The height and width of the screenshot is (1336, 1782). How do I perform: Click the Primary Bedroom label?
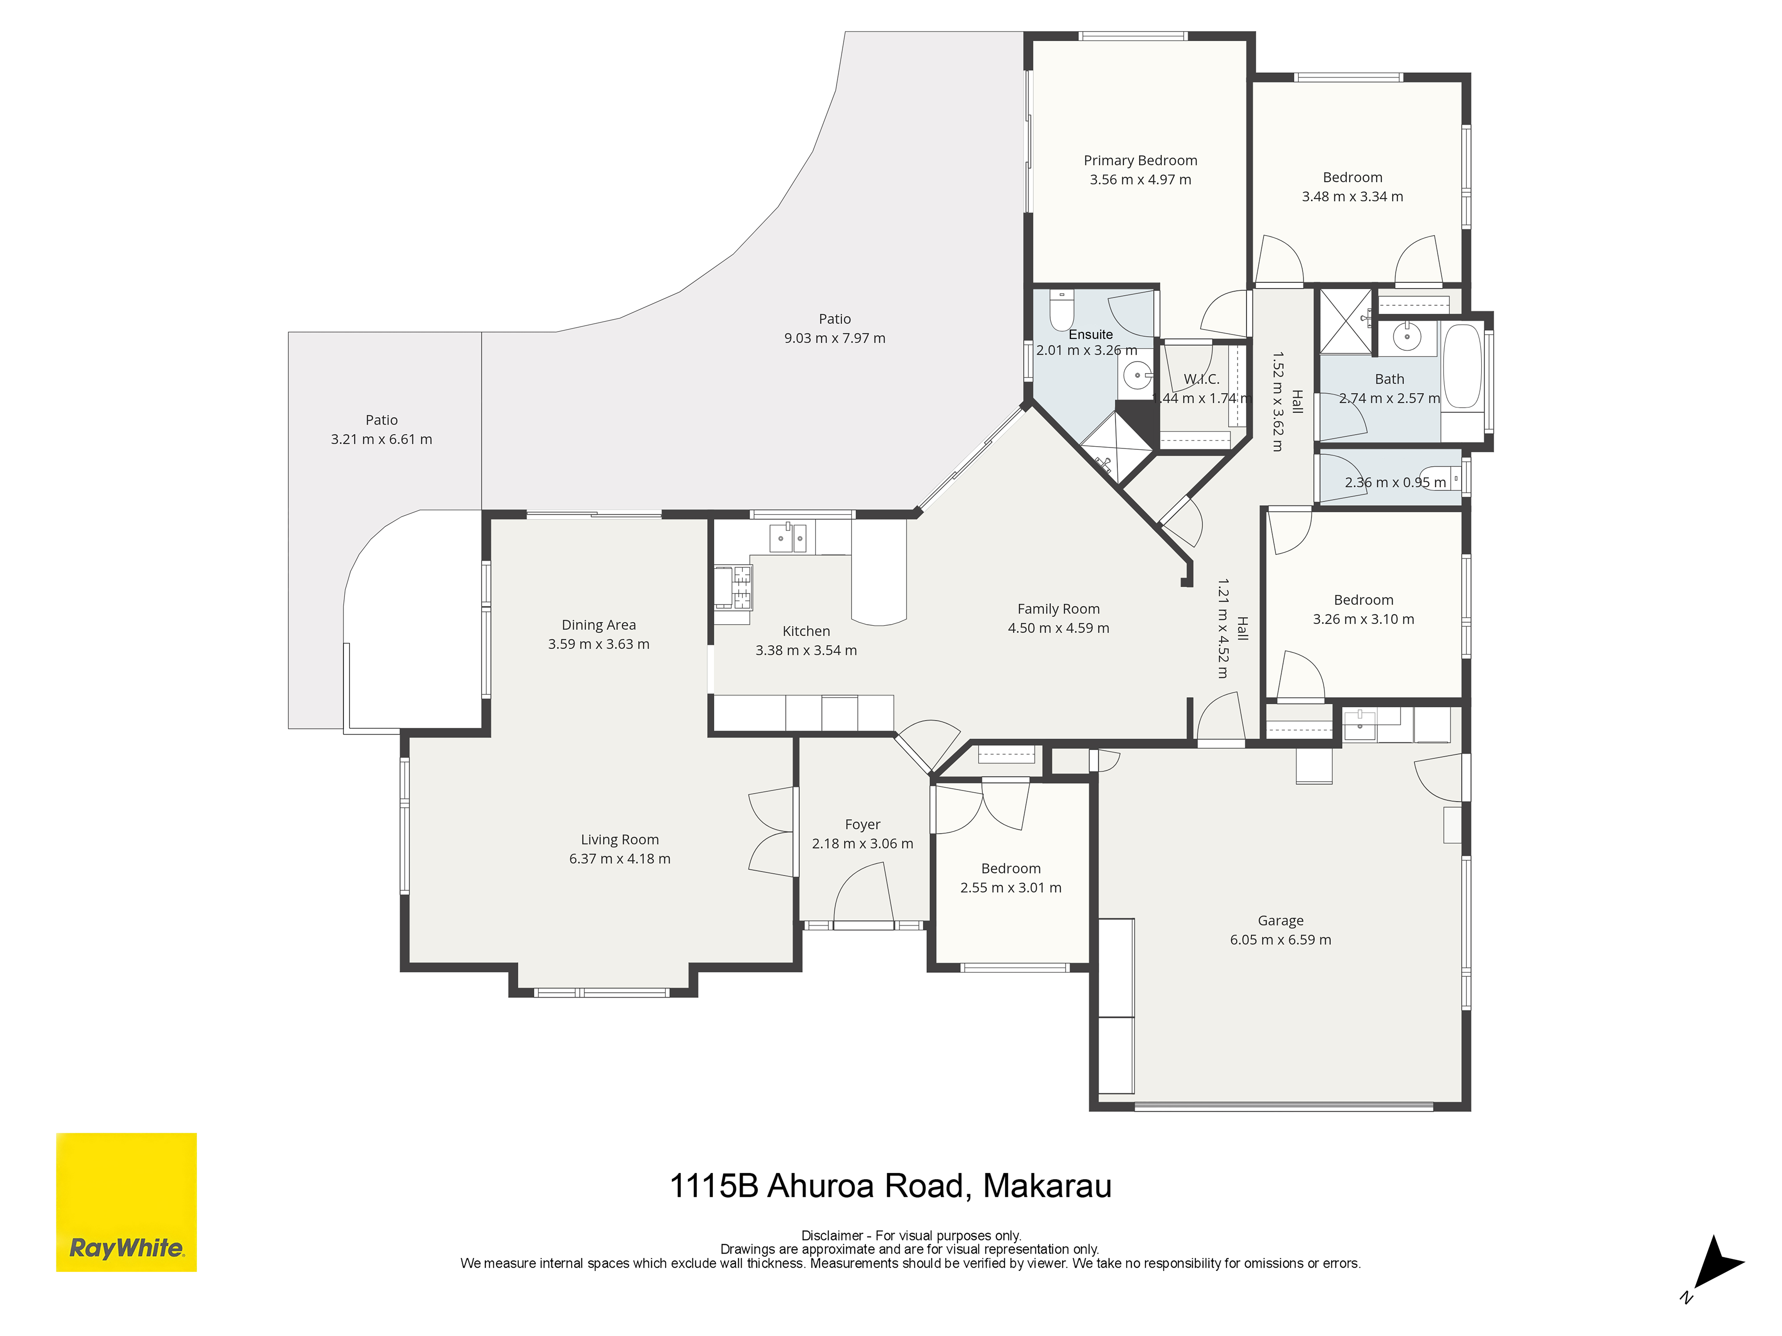[x=1140, y=160]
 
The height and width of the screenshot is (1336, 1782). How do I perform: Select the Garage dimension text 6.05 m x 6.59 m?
[x=1280, y=940]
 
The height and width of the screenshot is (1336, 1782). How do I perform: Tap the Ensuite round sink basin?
[x=1137, y=375]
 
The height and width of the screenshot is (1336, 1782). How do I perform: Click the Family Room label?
[x=1058, y=609]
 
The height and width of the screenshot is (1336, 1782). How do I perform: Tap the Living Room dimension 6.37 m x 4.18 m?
[x=620, y=858]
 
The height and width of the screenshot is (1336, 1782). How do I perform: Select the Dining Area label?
[x=598, y=625]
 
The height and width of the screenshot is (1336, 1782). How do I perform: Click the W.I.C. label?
[x=1201, y=379]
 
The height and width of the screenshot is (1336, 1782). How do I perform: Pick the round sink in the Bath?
[x=1407, y=337]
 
